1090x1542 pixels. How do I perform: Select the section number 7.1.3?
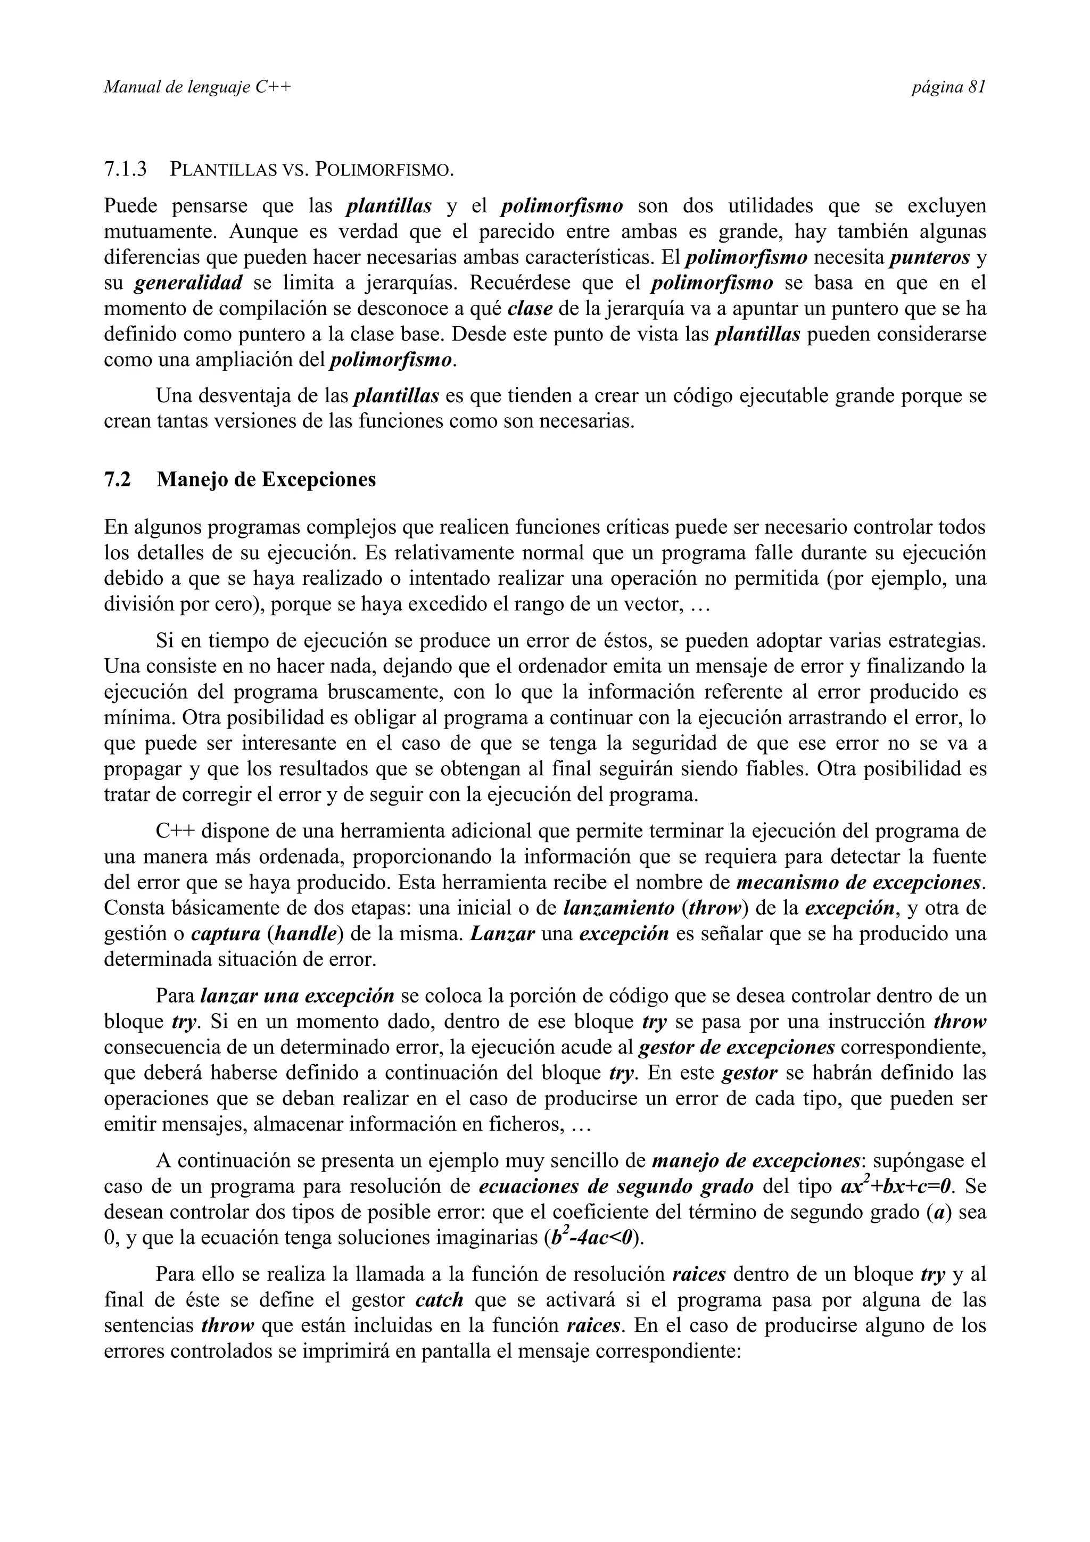[x=126, y=169]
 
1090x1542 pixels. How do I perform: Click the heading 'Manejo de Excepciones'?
[x=266, y=479]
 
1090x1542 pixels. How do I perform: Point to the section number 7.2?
[x=118, y=479]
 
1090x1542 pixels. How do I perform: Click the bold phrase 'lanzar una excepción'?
[x=298, y=996]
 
